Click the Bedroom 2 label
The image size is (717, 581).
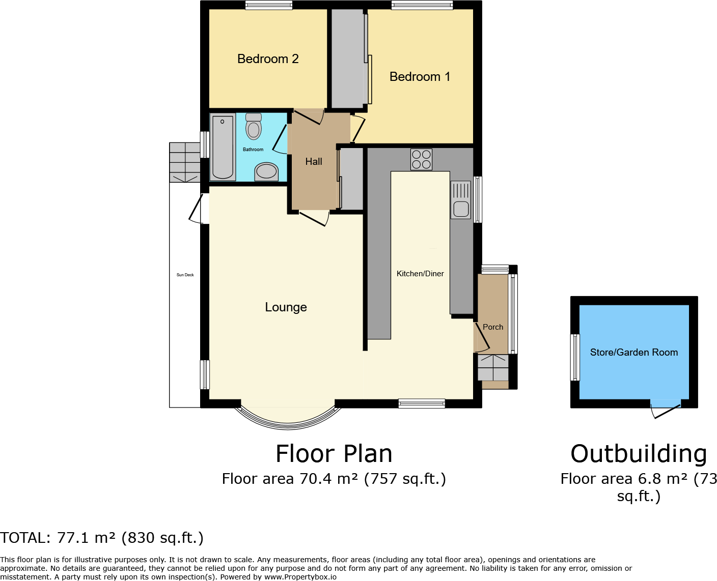pos(268,59)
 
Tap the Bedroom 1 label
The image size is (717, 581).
pos(420,77)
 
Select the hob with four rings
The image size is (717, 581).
pos(421,159)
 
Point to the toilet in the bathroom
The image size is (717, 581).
pos(253,127)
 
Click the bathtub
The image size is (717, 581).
pos(223,148)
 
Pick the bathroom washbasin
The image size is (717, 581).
pos(266,171)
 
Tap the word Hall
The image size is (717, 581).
pos(314,162)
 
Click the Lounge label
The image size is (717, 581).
pos(286,307)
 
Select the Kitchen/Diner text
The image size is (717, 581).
pos(420,274)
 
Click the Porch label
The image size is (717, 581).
pos(492,327)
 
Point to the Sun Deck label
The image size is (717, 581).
pos(185,275)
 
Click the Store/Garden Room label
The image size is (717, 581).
pos(633,353)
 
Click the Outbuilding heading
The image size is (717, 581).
pos(639,454)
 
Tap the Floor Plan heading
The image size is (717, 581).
pos(334,454)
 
